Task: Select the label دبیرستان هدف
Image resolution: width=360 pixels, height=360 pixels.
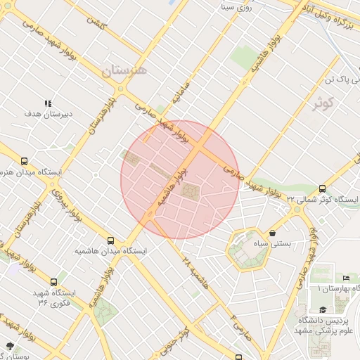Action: [x=49, y=114]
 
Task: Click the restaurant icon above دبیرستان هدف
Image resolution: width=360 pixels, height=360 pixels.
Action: [x=49, y=103]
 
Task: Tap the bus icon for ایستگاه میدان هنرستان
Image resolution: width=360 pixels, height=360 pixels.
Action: [x=25, y=161]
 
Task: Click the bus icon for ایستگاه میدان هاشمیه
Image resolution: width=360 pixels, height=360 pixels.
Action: [x=110, y=240]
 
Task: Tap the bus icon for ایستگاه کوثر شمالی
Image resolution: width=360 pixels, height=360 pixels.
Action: [x=322, y=188]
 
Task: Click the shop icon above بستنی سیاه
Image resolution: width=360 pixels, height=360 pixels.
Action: [x=273, y=233]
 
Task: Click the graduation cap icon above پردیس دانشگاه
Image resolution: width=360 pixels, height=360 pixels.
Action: [x=323, y=309]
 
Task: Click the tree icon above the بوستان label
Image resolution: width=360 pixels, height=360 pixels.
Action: [x=10, y=345]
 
